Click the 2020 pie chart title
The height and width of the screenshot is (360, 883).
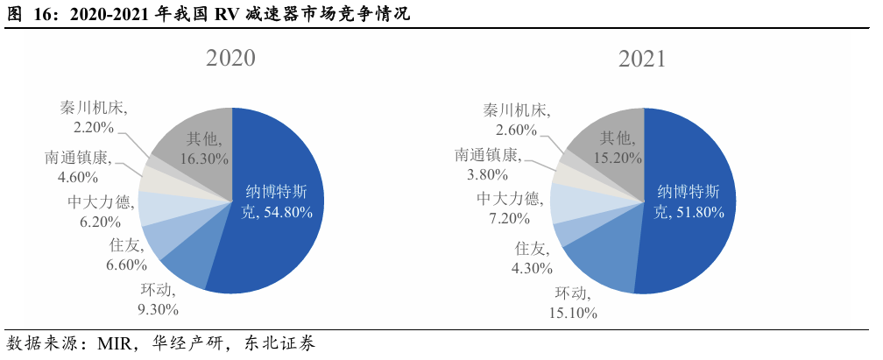click(230, 59)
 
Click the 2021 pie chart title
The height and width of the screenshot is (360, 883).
click(642, 59)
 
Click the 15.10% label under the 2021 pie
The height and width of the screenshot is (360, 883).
click(573, 312)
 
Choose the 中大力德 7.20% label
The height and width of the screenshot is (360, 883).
click(512, 208)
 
